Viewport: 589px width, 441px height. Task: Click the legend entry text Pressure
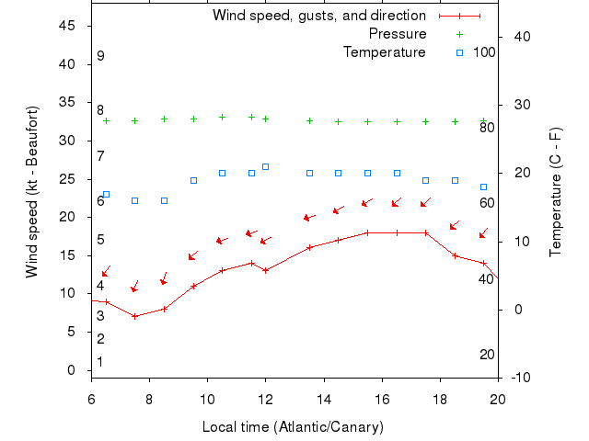pos(397,34)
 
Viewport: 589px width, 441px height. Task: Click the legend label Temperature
pos(384,52)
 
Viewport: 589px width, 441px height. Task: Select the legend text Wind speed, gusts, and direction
pos(318,16)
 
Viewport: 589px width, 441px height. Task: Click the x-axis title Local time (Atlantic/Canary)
pos(293,427)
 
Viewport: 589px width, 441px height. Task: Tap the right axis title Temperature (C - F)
pos(555,192)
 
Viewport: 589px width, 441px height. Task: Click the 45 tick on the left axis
pos(67,26)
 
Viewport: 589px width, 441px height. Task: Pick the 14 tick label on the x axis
pos(324,399)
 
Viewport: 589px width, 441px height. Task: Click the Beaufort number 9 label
pos(100,56)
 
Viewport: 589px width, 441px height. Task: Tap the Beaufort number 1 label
pos(100,362)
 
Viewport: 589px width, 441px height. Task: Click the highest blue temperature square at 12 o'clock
pos(266,166)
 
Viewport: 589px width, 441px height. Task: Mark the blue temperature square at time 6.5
pos(106,194)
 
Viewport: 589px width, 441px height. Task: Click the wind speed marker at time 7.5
pos(135,316)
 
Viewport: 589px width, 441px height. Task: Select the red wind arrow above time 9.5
pos(193,255)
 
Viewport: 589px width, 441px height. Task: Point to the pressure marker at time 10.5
pos(223,117)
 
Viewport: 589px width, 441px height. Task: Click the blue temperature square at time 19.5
pos(484,187)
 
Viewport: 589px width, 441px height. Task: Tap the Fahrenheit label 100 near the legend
pos(484,52)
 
